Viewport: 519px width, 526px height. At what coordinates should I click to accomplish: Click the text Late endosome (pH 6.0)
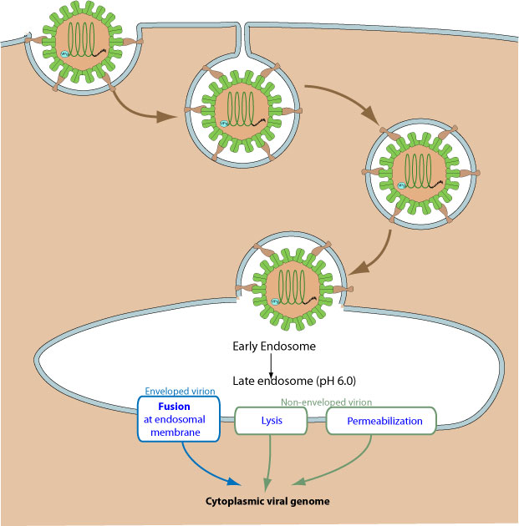(287, 381)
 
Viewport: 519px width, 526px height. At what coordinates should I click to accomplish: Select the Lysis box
(271, 421)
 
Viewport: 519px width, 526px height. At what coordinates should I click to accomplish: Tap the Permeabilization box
(382, 421)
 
